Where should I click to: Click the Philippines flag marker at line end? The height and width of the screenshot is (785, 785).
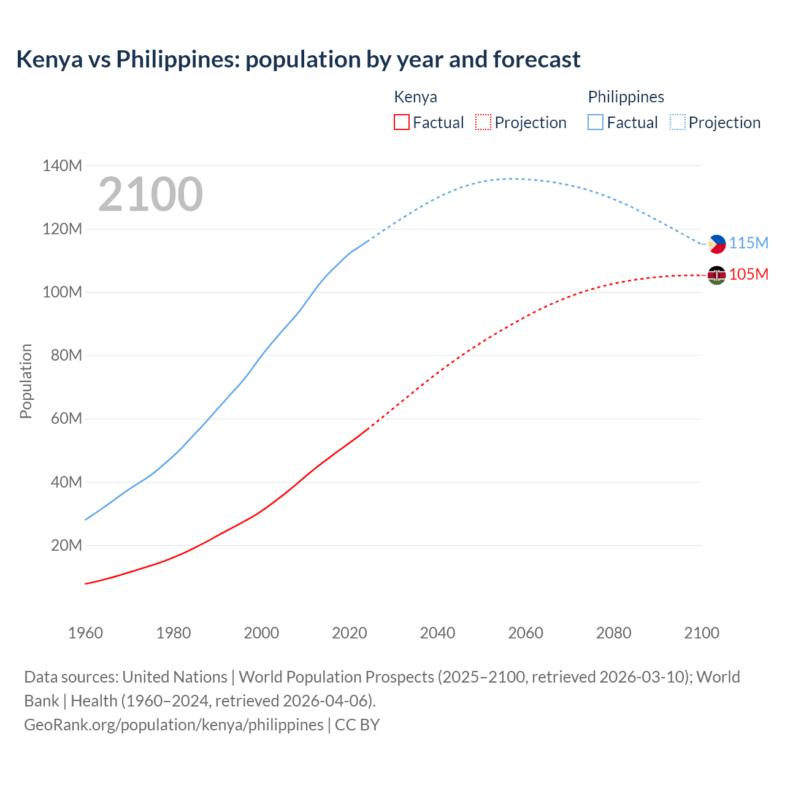pyautogui.click(x=716, y=243)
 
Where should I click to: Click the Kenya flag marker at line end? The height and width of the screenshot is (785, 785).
pyautogui.click(x=716, y=275)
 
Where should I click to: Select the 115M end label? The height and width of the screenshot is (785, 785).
pyautogui.click(x=749, y=243)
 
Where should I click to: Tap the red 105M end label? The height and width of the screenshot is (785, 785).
pyautogui.click(x=749, y=274)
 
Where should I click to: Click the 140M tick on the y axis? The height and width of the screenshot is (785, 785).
pyautogui.click(x=62, y=166)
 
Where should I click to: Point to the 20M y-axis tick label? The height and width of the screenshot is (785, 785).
pyautogui.click(x=66, y=545)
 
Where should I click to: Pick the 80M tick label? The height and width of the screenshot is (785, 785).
pyautogui.click(x=66, y=355)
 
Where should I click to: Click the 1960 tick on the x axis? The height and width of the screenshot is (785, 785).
pyautogui.click(x=85, y=633)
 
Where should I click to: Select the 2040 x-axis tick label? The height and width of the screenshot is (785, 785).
pyautogui.click(x=437, y=633)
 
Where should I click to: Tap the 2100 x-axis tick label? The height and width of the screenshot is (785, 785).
pyautogui.click(x=702, y=633)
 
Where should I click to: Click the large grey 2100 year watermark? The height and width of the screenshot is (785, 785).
pyautogui.click(x=150, y=194)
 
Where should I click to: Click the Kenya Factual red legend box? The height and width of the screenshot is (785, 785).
pyautogui.click(x=401, y=122)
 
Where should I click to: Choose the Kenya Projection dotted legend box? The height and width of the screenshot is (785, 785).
pyautogui.click(x=483, y=122)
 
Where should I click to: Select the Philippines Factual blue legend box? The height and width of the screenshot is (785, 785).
pyautogui.click(x=595, y=122)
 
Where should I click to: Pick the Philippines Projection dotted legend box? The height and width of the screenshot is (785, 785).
pyautogui.click(x=677, y=122)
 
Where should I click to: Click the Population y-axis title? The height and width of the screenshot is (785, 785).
pyautogui.click(x=26, y=381)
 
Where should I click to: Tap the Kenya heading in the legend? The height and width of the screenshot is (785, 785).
pyautogui.click(x=415, y=97)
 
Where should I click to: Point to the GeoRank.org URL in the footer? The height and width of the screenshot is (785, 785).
pyautogui.click(x=174, y=725)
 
